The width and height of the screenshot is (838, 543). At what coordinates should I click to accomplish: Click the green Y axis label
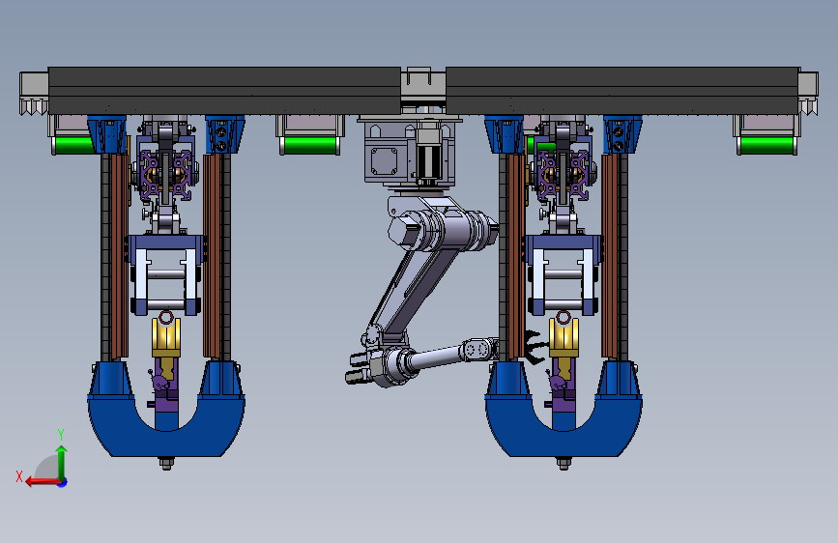[x=61, y=434]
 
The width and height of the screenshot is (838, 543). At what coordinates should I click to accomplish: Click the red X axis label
[x=19, y=476]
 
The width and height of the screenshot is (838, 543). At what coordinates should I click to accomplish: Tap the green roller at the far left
[x=73, y=145]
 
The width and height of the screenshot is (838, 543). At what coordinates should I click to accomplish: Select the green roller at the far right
[x=766, y=145]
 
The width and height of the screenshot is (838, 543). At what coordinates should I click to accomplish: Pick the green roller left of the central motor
[x=310, y=145]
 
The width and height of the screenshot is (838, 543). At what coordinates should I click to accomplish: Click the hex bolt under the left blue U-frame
[x=166, y=463]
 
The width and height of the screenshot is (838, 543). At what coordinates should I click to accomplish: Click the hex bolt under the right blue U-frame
[x=563, y=463]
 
